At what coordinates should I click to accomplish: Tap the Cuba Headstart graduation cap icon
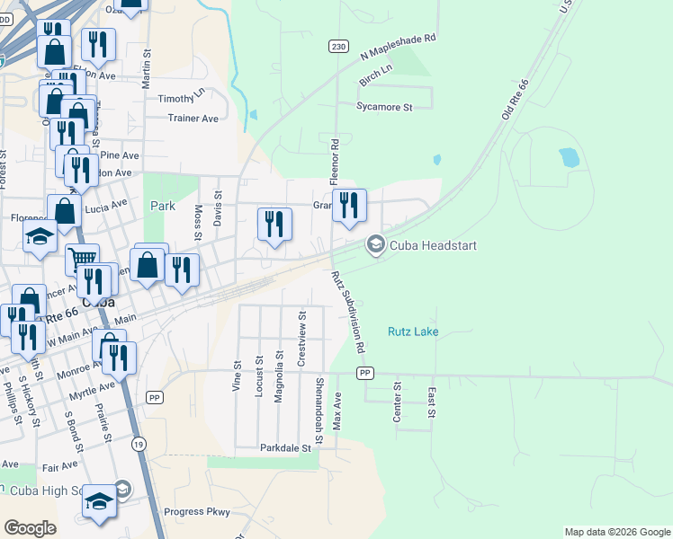375,244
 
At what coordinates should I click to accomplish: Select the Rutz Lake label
413,331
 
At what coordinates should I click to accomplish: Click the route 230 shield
337,48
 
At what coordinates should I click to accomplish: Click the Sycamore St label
383,107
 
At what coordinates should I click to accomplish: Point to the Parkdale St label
285,447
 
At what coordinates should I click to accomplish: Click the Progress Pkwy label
197,512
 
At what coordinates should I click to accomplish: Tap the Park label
163,206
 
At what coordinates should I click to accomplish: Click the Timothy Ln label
182,99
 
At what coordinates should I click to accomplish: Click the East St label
432,402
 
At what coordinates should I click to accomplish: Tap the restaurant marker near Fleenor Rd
349,205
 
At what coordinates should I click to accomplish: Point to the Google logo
30,528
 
